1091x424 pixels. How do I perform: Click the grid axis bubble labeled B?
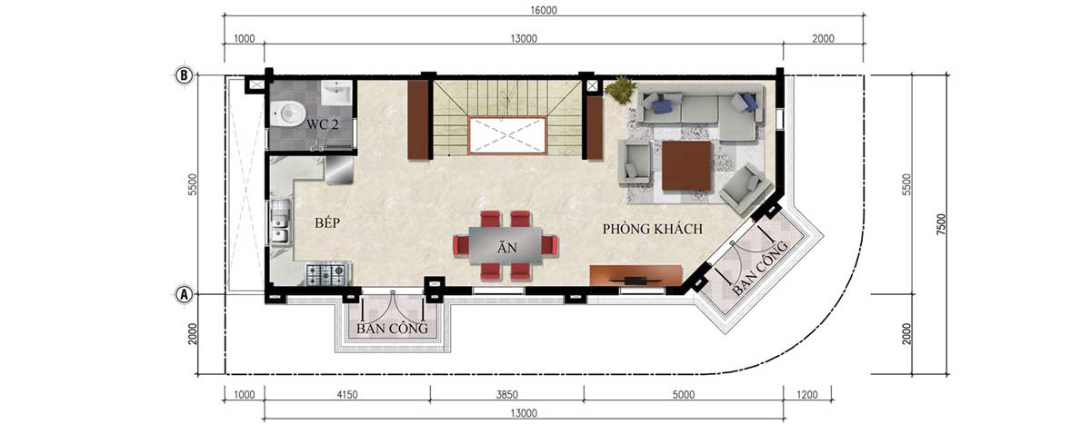coord(184,75)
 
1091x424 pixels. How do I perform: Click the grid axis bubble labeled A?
coord(184,294)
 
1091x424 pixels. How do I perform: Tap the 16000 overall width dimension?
coord(544,10)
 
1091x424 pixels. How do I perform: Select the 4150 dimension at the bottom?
coord(347,395)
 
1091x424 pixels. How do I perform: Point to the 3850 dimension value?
coord(507,395)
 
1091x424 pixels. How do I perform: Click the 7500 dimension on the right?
coord(941,224)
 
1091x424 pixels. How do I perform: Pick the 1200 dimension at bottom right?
coord(807,395)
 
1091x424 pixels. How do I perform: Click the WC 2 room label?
coord(323,124)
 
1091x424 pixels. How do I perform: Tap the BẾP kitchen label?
coord(327,222)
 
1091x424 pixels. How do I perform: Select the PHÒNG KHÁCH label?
coord(653,229)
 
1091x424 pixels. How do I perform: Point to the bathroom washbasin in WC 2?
coord(336,93)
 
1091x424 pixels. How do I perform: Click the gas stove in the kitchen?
coord(325,274)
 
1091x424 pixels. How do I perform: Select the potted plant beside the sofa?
coord(620,89)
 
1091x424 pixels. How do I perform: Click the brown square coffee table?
coord(686,166)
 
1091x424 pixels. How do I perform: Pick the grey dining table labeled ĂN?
coord(505,245)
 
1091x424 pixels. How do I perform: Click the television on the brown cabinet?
coord(636,280)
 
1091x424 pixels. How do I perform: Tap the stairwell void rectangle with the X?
coord(506,135)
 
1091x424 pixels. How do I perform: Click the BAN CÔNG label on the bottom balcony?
coord(392,329)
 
